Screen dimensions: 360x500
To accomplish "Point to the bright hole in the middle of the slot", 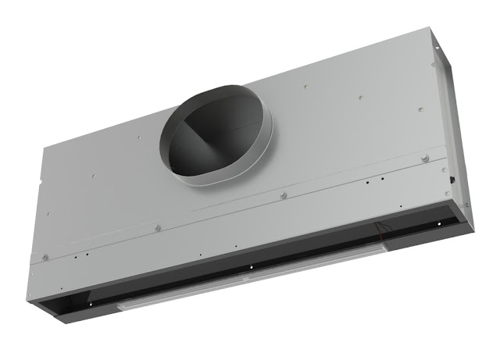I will (252, 268).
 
